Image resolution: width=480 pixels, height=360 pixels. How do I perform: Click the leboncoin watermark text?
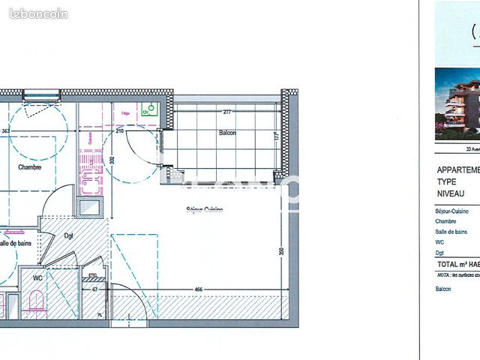[39, 13]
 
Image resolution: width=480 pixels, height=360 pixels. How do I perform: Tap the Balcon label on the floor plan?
[227, 133]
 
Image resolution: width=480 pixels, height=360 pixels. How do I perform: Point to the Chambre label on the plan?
[30, 167]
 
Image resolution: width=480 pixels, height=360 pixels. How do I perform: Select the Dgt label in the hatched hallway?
[68, 235]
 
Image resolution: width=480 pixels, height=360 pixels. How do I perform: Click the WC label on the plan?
[37, 276]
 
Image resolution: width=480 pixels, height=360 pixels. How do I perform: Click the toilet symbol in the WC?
[34, 303]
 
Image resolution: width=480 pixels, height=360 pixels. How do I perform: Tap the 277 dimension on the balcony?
[226, 112]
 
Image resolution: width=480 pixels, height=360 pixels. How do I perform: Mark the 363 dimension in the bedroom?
[5, 130]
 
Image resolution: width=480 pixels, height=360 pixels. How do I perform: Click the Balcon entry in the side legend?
[443, 288]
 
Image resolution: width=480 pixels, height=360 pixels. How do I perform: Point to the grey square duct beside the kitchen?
[90, 208]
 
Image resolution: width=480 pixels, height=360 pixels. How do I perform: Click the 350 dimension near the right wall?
[282, 251]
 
